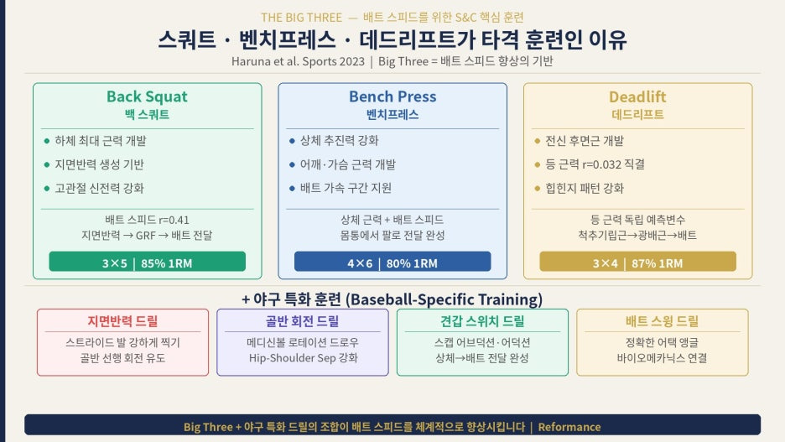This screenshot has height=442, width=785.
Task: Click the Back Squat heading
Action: (x=147, y=96)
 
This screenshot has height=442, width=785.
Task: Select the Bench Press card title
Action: (x=392, y=96)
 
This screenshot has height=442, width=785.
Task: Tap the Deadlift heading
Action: (x=637, y=96)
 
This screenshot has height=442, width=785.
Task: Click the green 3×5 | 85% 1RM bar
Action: (x=148, y=262)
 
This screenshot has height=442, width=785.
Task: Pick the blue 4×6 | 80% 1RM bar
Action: (x=392, y=262)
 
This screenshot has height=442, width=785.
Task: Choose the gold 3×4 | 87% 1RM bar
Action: (x=637, y=262)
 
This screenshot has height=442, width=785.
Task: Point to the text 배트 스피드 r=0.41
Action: (x=148, y=220)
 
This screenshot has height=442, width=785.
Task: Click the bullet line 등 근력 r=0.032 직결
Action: (x=595, y=164)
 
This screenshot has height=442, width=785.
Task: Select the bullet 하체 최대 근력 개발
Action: (x=100, y=141)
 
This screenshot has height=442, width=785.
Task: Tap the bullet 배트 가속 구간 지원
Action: (x=346, y=188)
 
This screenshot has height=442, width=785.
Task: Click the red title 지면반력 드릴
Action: (x=122, y=321)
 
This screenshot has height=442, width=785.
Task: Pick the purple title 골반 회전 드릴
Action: (x=303, y=321)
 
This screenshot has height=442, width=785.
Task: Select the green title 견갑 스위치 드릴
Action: (x=482, y=321)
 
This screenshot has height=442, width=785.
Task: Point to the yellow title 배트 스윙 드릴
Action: (x=662, y=321)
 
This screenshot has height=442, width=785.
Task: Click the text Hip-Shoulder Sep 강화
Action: (x=304, y=358)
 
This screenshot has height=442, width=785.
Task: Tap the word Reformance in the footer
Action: (x=569, y=427)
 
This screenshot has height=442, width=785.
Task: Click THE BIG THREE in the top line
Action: (x=301, y=18)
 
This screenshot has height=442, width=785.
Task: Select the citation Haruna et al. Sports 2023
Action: (x=298, y=61)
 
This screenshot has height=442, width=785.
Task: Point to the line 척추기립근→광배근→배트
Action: (x=637, y=236)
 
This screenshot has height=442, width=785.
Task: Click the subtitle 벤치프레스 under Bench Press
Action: (x=392, y=115)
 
